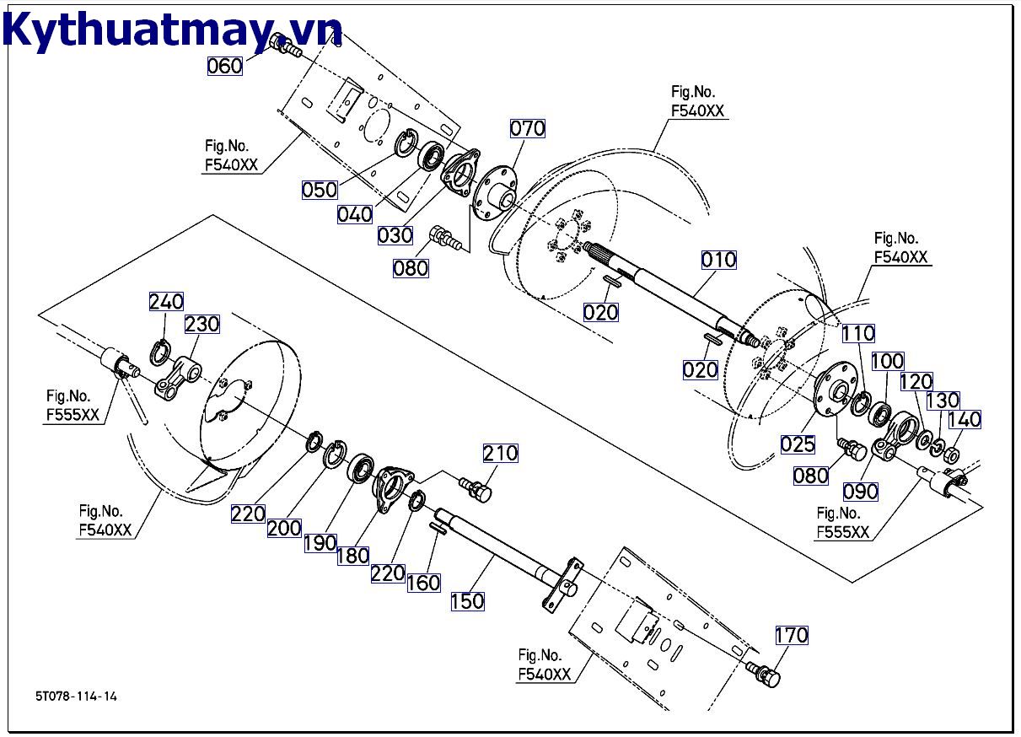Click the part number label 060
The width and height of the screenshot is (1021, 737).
coord(224,65)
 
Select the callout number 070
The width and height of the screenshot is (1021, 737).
coord(528,128)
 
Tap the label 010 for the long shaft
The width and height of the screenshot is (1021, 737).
coord(718,259)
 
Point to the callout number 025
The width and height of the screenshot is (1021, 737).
coord(798,444)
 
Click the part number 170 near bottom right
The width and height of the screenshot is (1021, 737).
coord(791,634)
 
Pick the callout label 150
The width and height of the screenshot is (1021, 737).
coord(467,600)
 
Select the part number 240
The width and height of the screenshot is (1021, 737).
coord(166,302)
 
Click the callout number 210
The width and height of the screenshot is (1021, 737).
coord(500,453)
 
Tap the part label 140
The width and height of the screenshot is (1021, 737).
coord(965,419)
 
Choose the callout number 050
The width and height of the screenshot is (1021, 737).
coord(320,190)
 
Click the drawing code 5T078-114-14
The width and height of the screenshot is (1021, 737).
coord(77,697)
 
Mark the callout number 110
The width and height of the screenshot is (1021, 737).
coord(858,333)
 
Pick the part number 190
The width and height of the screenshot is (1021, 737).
coord(320,543)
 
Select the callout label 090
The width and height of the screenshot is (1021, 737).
coord(861,491)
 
